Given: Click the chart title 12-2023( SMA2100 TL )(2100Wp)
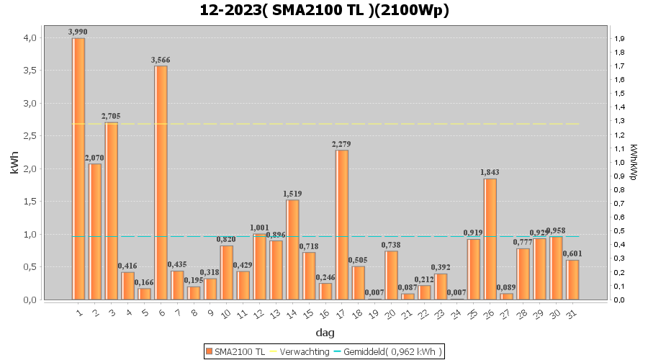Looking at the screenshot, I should [x=324, y=10].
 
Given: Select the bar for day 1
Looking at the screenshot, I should [x=78, y=168].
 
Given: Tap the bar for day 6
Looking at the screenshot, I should [x=161, y=183].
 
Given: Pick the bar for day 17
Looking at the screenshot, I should [x=342, y=225].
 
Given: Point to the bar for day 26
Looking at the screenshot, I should [x=490, y=239].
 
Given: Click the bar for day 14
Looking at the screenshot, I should [x=292, y=249].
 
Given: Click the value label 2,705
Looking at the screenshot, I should [x=111, y=117].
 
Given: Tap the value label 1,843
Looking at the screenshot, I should [x=490, y=173].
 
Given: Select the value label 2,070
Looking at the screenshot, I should [x=94, y=158].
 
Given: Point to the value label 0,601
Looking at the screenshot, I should [x=572, y=253].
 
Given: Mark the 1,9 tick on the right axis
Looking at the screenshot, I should [x=618, y=39].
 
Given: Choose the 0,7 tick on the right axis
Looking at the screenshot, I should [x=618, y=204].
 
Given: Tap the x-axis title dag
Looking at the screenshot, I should [x=324, y=333].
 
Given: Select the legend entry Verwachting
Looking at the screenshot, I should [x=297, y=351].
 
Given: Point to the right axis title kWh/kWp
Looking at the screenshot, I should [x=634, y=163].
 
